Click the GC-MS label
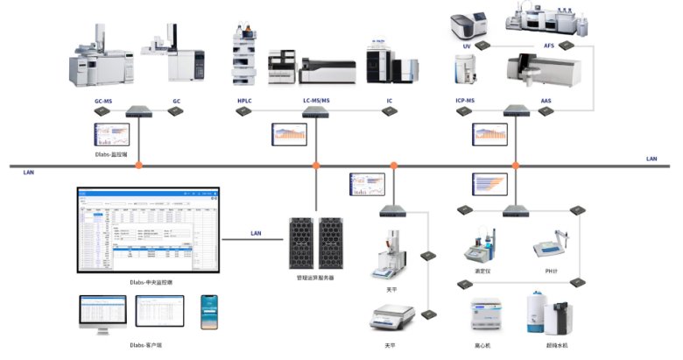pyautogui.click(x=102, y=102)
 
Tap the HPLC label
pyautogui.click(x=243, y=102)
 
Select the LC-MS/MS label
pyautogui.click(x=315, y=102)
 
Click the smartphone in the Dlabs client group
pyautogui.click(x=208, y=312)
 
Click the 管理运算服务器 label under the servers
pyautogui.click(x=315, y=278)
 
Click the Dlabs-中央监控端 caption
pyautogui.click(x=150, y=282)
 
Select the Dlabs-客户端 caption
pyautogui.click(x=145, y=345)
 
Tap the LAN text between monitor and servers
pyautogui.click(x=256, y=233)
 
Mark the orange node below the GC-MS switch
pyautogui.click(x=138, y=166)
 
